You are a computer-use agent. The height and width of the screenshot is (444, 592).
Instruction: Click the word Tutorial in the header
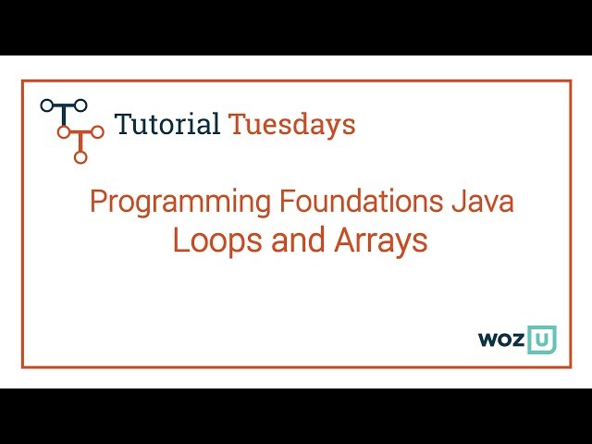[166, 123]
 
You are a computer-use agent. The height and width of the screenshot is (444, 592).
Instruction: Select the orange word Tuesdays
[291, 124]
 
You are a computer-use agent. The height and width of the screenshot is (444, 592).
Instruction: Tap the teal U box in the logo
[541, 339]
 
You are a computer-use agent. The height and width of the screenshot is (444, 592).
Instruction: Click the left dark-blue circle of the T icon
[46, 105]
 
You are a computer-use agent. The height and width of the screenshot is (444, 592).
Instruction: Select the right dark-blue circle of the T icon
[80, 105]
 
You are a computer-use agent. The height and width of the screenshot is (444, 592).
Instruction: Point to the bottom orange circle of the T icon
[80, 157]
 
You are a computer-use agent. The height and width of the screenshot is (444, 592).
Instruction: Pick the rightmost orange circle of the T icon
[97, 132]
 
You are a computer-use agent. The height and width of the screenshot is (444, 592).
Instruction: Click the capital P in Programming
[96, 201]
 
